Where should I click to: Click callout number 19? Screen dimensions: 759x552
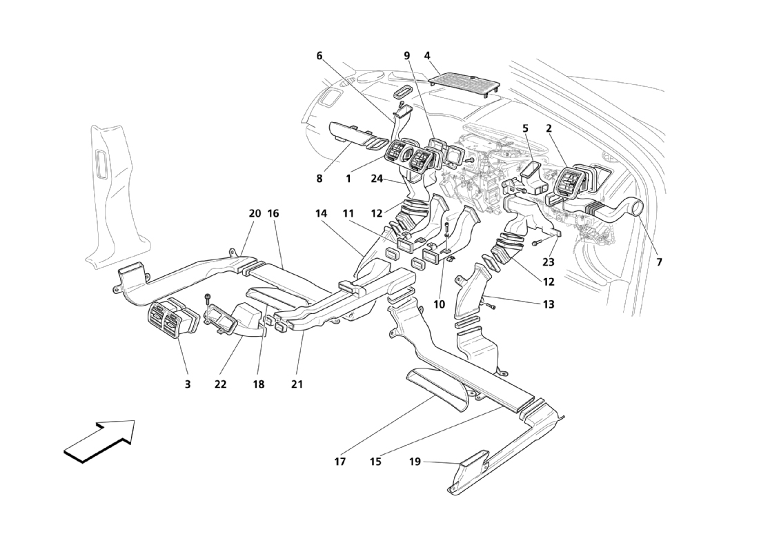tap(415, 462)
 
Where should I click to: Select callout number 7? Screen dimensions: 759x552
tap(659, 262)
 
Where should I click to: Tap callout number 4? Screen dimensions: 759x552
tap(427, 56)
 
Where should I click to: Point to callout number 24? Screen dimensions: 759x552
tap(377, 179)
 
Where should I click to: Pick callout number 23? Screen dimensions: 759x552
tap(549, 262)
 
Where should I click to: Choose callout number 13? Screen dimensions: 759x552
tap(549, 304)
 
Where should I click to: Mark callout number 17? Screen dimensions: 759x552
tap(339, 462)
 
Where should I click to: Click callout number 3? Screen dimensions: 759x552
tap(188, 384)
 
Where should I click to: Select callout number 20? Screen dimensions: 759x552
tap(255, 213)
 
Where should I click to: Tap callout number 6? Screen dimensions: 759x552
tap(319, 56)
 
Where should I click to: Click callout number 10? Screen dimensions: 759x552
tap(439, 304)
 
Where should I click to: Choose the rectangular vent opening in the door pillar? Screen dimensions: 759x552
tap(103, 162)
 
